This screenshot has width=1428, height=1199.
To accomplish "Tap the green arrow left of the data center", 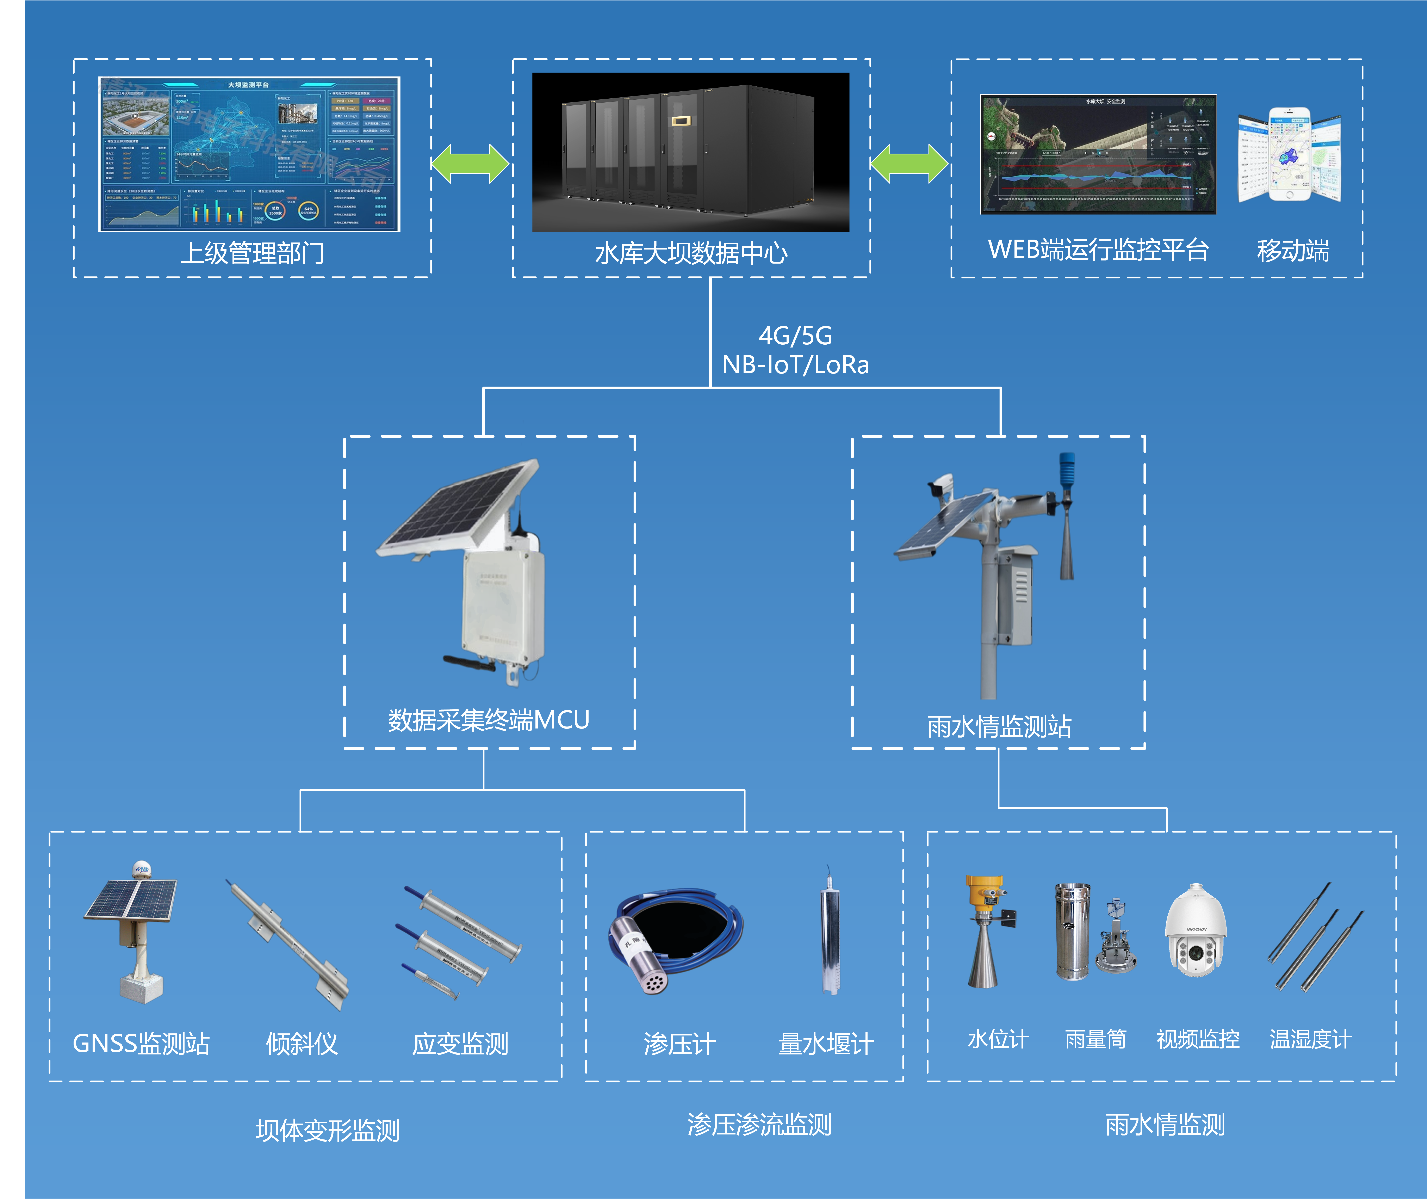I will click(471, 165).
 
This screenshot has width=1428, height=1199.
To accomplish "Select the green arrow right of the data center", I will click(910, 165).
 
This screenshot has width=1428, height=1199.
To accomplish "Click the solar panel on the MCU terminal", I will click(456, 510).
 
